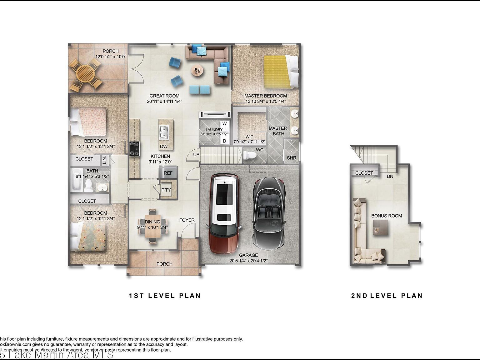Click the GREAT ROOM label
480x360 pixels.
164,96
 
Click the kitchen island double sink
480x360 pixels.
164,132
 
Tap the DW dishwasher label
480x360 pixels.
164,146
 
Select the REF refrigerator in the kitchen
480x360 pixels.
168,173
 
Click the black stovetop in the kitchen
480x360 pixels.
135,148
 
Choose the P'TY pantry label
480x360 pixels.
166,190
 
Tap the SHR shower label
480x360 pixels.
291,158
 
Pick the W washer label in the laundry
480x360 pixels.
224,123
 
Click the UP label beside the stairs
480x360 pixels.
196,155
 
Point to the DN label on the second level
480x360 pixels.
390,176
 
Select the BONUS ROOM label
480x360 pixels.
387,216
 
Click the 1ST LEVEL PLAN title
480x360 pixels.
165,296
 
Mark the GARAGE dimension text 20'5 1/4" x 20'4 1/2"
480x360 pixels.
248,261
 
